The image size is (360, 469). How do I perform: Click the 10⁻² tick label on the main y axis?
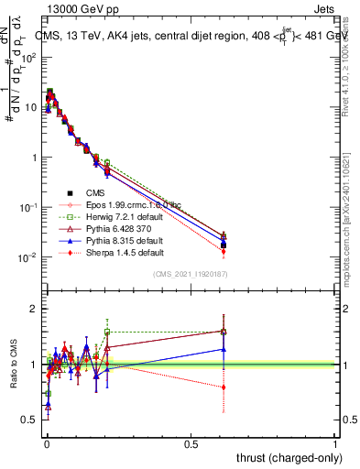(28, 257)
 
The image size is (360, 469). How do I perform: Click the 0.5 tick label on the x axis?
(191, 443)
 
